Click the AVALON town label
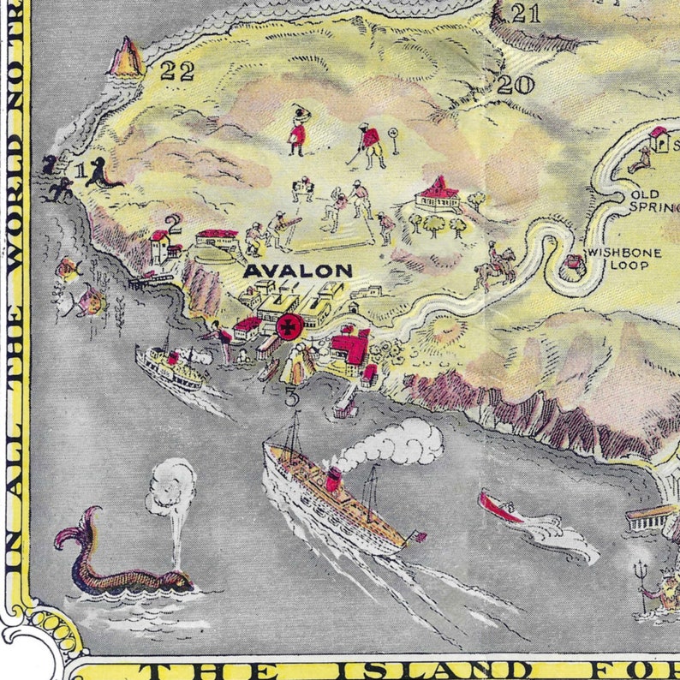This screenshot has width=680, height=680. [297, 271]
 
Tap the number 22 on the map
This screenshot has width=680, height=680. [177, 73]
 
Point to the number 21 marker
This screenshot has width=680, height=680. [525, 14]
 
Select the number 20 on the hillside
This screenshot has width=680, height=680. [515, 85]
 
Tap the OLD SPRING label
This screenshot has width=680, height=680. [655, 200]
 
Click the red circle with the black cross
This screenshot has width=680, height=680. [289, 325]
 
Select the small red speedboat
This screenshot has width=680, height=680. [500, 507]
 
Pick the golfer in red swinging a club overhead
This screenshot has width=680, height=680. [297, 129]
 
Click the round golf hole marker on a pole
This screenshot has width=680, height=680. [394, 135]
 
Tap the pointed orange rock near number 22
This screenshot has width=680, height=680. [128, 58]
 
